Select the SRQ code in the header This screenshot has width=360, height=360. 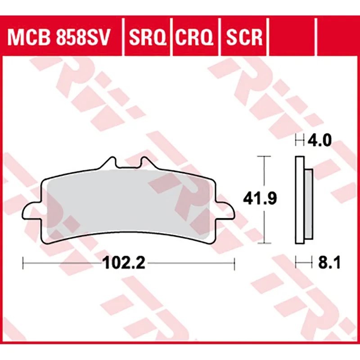147,38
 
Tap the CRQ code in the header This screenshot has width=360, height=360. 195,38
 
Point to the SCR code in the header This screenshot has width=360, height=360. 243,38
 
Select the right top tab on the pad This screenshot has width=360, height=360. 145,163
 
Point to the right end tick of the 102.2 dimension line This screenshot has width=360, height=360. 234,262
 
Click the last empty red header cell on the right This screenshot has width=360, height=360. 338,38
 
